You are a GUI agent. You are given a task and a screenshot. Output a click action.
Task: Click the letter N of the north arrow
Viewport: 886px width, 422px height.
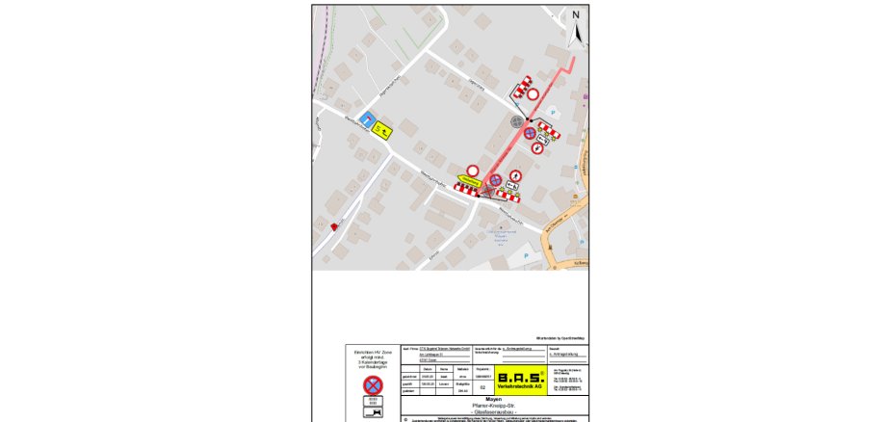click(576, 15)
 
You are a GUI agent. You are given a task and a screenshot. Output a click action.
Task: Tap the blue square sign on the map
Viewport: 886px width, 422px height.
click(367, 119)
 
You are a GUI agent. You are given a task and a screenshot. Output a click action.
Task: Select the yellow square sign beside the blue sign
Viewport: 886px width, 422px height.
click(383, 129)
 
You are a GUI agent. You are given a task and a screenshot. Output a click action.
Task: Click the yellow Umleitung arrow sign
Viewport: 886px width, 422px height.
click(469, 181)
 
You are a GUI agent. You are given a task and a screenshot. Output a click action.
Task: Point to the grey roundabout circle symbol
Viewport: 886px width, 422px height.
click(517, 122)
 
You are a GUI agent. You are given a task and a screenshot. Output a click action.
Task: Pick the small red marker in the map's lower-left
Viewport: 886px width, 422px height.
click(334, 225)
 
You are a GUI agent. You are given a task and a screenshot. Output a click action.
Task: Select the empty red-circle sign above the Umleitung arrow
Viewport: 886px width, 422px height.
click(473, 170)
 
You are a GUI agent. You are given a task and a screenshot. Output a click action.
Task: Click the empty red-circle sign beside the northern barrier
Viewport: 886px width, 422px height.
click(533, 94)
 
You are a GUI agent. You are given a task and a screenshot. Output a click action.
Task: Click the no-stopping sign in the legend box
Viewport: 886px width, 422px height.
click(372, 384)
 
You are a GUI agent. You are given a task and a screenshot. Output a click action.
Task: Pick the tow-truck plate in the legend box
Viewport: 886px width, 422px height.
click(372, 411)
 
